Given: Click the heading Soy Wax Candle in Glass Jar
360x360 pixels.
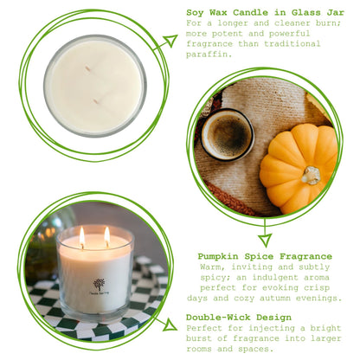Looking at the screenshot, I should click(x=264, y=13).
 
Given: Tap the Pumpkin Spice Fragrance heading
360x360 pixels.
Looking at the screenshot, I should click(x=265, y=256).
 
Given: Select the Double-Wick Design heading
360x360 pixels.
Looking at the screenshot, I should click(x=244, y=318).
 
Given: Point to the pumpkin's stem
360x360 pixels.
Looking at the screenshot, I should click(x=310, y=176).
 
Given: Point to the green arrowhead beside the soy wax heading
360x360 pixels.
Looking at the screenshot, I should click(x=169, y=41).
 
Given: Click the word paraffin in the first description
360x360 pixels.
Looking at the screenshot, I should click(x=208, y=55).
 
